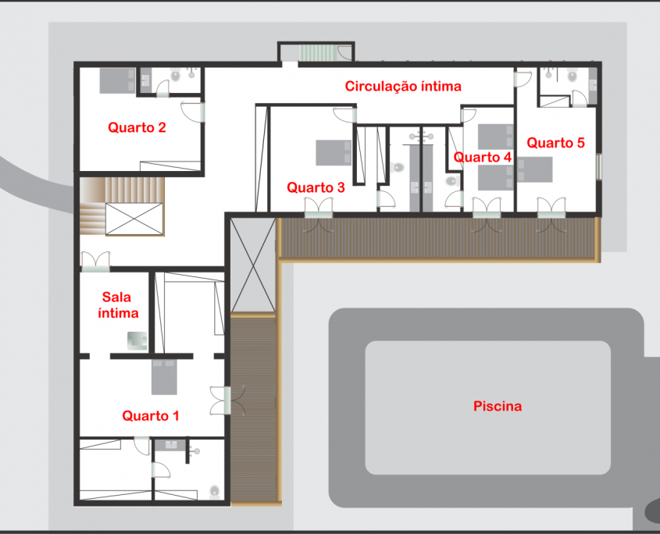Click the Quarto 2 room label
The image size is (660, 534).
[x=137, y=127]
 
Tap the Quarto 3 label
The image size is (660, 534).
[x=316, y=187]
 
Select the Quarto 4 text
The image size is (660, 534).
[x=483, y=158]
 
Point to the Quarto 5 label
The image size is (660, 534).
[x=555, y=143]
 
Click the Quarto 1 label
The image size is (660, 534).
[x=151, y=416]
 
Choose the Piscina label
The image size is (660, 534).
[x=498, y=406]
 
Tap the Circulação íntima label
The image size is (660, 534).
[x=403, y=86]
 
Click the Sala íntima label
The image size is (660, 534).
[x=118, y=305]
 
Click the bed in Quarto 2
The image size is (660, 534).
[x=117, y=80]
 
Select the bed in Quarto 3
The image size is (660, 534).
[x=334, y=153]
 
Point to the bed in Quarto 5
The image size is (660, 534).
[x=534, y=169]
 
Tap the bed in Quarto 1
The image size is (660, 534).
[x=164, y=377]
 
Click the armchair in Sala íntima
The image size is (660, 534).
[x=137, y=341]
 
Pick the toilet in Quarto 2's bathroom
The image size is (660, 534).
[x=176, y=77]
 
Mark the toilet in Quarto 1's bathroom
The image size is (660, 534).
[x=215, y=492]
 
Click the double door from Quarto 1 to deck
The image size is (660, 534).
[x=227, y=400]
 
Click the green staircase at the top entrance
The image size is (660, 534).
[x=318, y=53]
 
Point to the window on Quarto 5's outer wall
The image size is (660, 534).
[x=599, y=167]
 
